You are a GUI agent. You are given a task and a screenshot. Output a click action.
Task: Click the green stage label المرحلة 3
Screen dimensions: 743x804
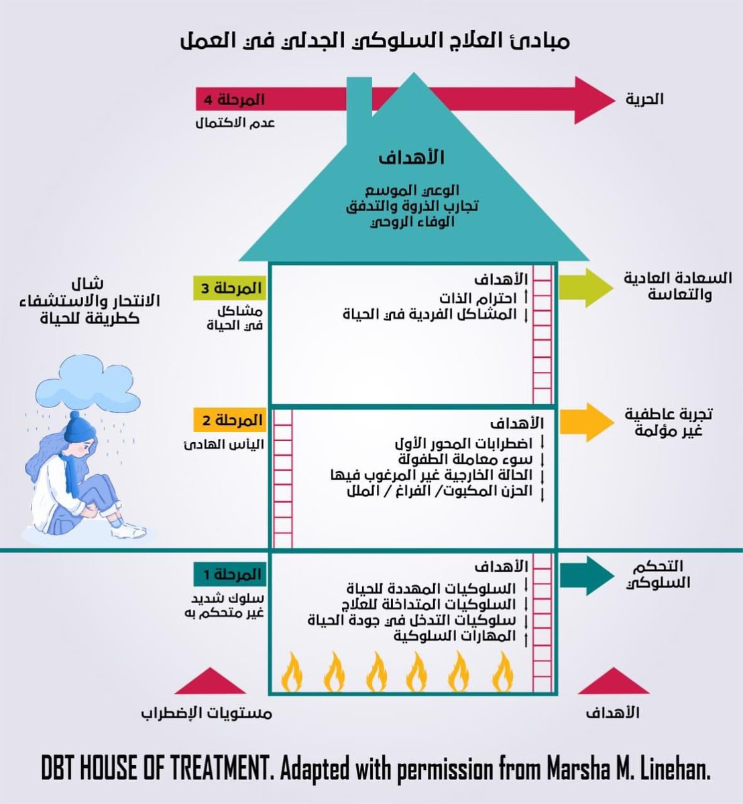click(229, 289)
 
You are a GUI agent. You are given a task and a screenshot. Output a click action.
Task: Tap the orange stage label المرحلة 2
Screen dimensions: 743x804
click(229, 421)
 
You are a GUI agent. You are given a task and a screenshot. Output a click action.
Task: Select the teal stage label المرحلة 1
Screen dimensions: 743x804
click(229, 574)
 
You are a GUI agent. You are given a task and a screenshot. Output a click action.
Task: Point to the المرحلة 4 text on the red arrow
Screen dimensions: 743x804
click(231, 99)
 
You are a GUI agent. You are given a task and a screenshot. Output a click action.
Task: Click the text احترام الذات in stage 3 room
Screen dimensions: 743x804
click(478, 297)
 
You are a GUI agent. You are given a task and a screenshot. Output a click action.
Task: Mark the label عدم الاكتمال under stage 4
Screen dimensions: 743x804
click(234, 123)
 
